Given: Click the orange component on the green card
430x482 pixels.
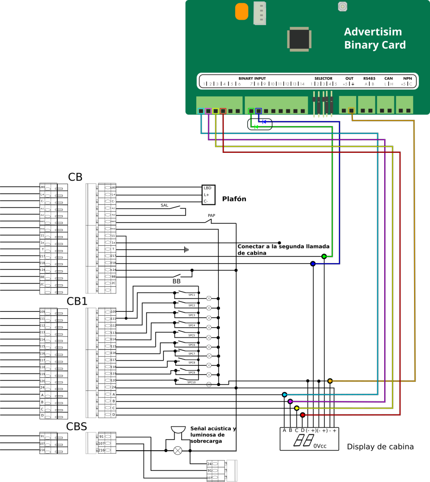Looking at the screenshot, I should tap(242, 12).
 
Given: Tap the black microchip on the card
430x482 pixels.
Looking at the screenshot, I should tap(299, 39).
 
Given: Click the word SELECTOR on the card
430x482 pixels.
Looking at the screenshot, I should tap(323, 78).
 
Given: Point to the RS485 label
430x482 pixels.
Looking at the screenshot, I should tap(369, 78).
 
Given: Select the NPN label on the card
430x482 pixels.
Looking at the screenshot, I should tap(407, 78).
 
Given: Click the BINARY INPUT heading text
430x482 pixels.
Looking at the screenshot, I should tap(252, 78).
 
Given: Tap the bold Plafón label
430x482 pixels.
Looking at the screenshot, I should tap(234, 199).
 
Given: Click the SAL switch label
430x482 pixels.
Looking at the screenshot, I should tap(164, 205).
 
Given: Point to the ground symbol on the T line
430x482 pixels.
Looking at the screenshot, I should tap(186, 249).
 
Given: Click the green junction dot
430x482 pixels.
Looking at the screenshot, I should tap(324, 256).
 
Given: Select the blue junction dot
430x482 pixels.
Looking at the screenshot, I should tap(313, 264).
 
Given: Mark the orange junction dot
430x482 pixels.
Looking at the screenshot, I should tap(330, 381).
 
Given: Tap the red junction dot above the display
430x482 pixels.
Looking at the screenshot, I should tap(303, 415).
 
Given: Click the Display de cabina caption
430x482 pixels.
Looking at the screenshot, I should tap(380, 447).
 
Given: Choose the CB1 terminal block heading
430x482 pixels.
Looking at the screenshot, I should tap(77, 301).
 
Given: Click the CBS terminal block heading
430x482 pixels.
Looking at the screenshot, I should tap(77, 426).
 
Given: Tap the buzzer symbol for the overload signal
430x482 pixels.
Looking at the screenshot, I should tap(178, 430).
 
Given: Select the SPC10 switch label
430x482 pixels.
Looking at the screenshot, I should tap(192, 382).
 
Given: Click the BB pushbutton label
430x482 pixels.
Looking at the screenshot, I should tap(176, 281).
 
